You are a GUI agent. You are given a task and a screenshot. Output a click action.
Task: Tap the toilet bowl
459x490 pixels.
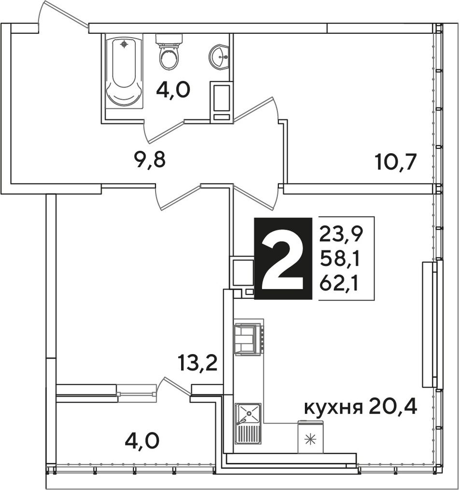point(169,52)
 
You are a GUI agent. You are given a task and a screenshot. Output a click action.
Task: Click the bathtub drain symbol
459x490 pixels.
point(124,44)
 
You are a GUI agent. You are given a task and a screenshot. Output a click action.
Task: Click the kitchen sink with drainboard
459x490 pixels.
point(248,423)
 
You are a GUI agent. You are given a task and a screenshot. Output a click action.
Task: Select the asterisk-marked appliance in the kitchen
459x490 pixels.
point(311,436)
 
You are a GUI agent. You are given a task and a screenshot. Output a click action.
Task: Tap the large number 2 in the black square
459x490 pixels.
point(283,258)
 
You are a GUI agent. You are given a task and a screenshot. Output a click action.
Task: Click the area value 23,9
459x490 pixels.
point(340,234)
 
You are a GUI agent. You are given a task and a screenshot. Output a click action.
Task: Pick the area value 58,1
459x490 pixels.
point(339,259)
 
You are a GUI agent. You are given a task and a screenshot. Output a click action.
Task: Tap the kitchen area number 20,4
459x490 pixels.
point(393,407)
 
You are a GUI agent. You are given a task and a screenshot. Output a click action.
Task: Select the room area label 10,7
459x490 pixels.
point(397,163)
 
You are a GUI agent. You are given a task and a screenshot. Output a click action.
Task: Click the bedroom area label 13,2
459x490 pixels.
point(198,363)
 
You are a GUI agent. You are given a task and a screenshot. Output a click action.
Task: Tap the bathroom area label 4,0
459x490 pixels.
point(173,91)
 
